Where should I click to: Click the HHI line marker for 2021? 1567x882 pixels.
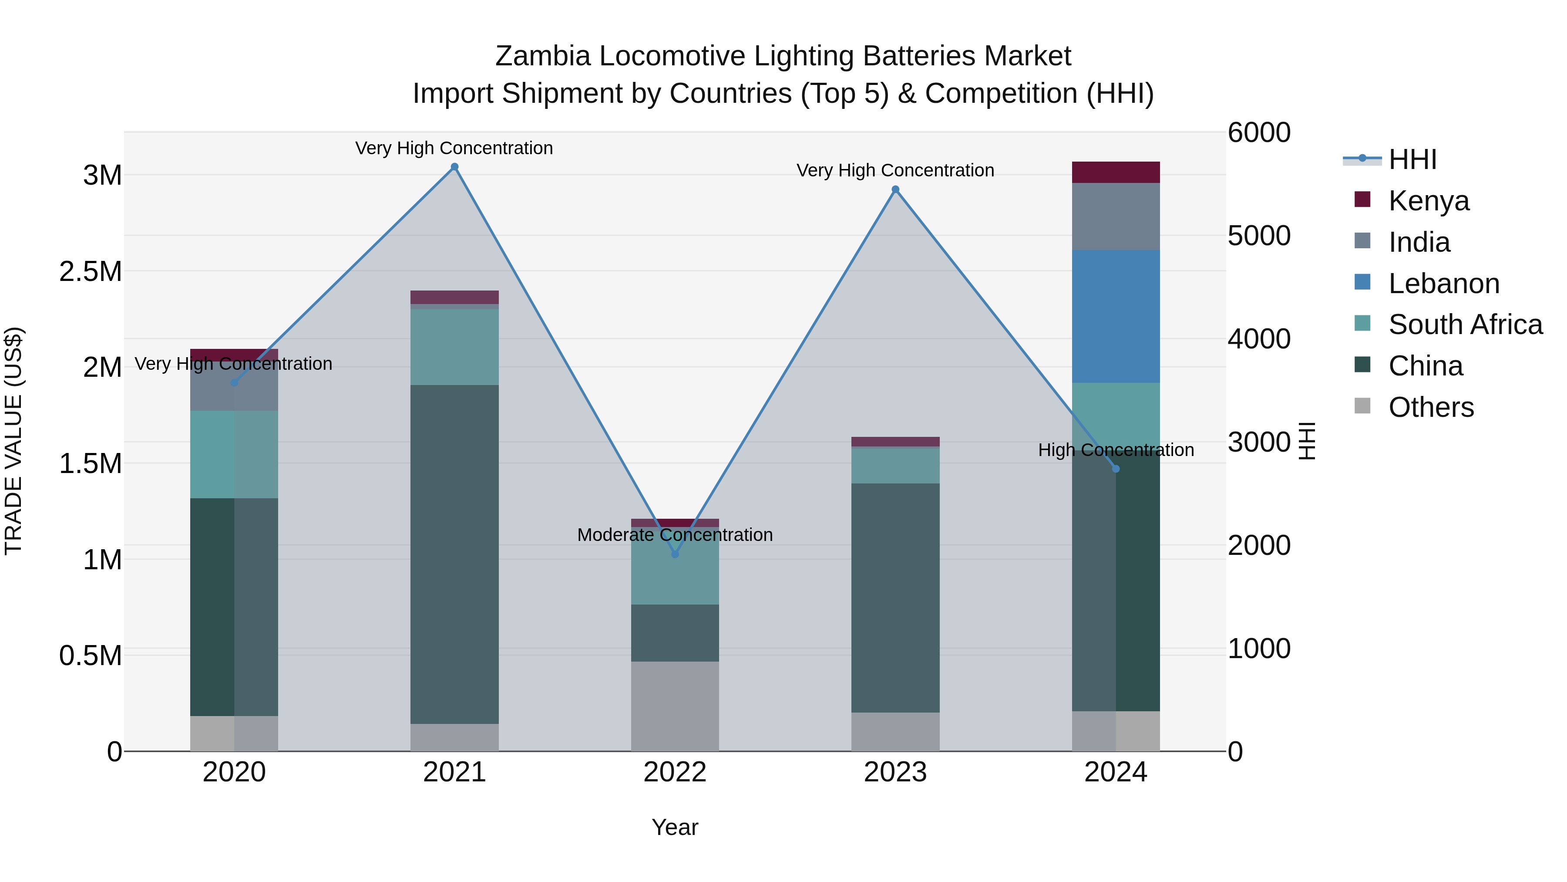click(454, 167)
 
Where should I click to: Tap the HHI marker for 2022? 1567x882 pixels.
click(675, 554)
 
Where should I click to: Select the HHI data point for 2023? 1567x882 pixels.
click(895, 189)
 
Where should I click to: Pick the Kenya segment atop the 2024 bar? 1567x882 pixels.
click(1116, 172)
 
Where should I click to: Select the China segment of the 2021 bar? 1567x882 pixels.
click(454, 554)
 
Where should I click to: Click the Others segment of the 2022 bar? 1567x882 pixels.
click(675, 706)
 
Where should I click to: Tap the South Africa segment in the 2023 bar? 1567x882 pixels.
click(895, 466)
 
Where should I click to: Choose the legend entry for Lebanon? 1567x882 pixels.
click(1443, 284)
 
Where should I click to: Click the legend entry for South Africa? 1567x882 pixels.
click(1465, 324)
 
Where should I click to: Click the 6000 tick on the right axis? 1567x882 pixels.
click(1258, 133)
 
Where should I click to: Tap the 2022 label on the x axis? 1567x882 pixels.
click(675, 772)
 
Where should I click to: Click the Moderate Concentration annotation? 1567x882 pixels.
click(675, 535)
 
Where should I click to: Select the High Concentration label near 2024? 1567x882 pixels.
click(1116, 450)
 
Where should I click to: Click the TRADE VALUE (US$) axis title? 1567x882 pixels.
click(13, 441)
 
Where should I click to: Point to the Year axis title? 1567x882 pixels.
click(675, 827)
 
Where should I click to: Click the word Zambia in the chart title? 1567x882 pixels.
click(543, 57)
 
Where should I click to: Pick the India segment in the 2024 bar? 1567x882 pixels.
click(1116, 216)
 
